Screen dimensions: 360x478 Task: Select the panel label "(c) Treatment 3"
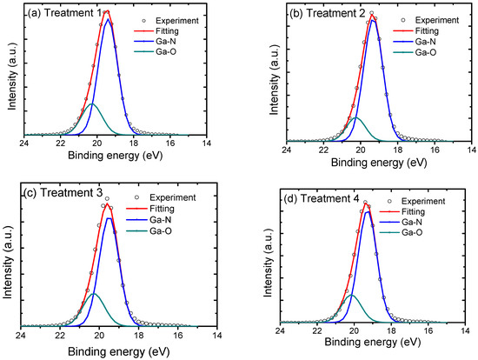pyautogui.click(x=56, y=192)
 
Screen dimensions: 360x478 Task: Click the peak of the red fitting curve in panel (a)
pyautogui.click(x=105, y=11)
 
